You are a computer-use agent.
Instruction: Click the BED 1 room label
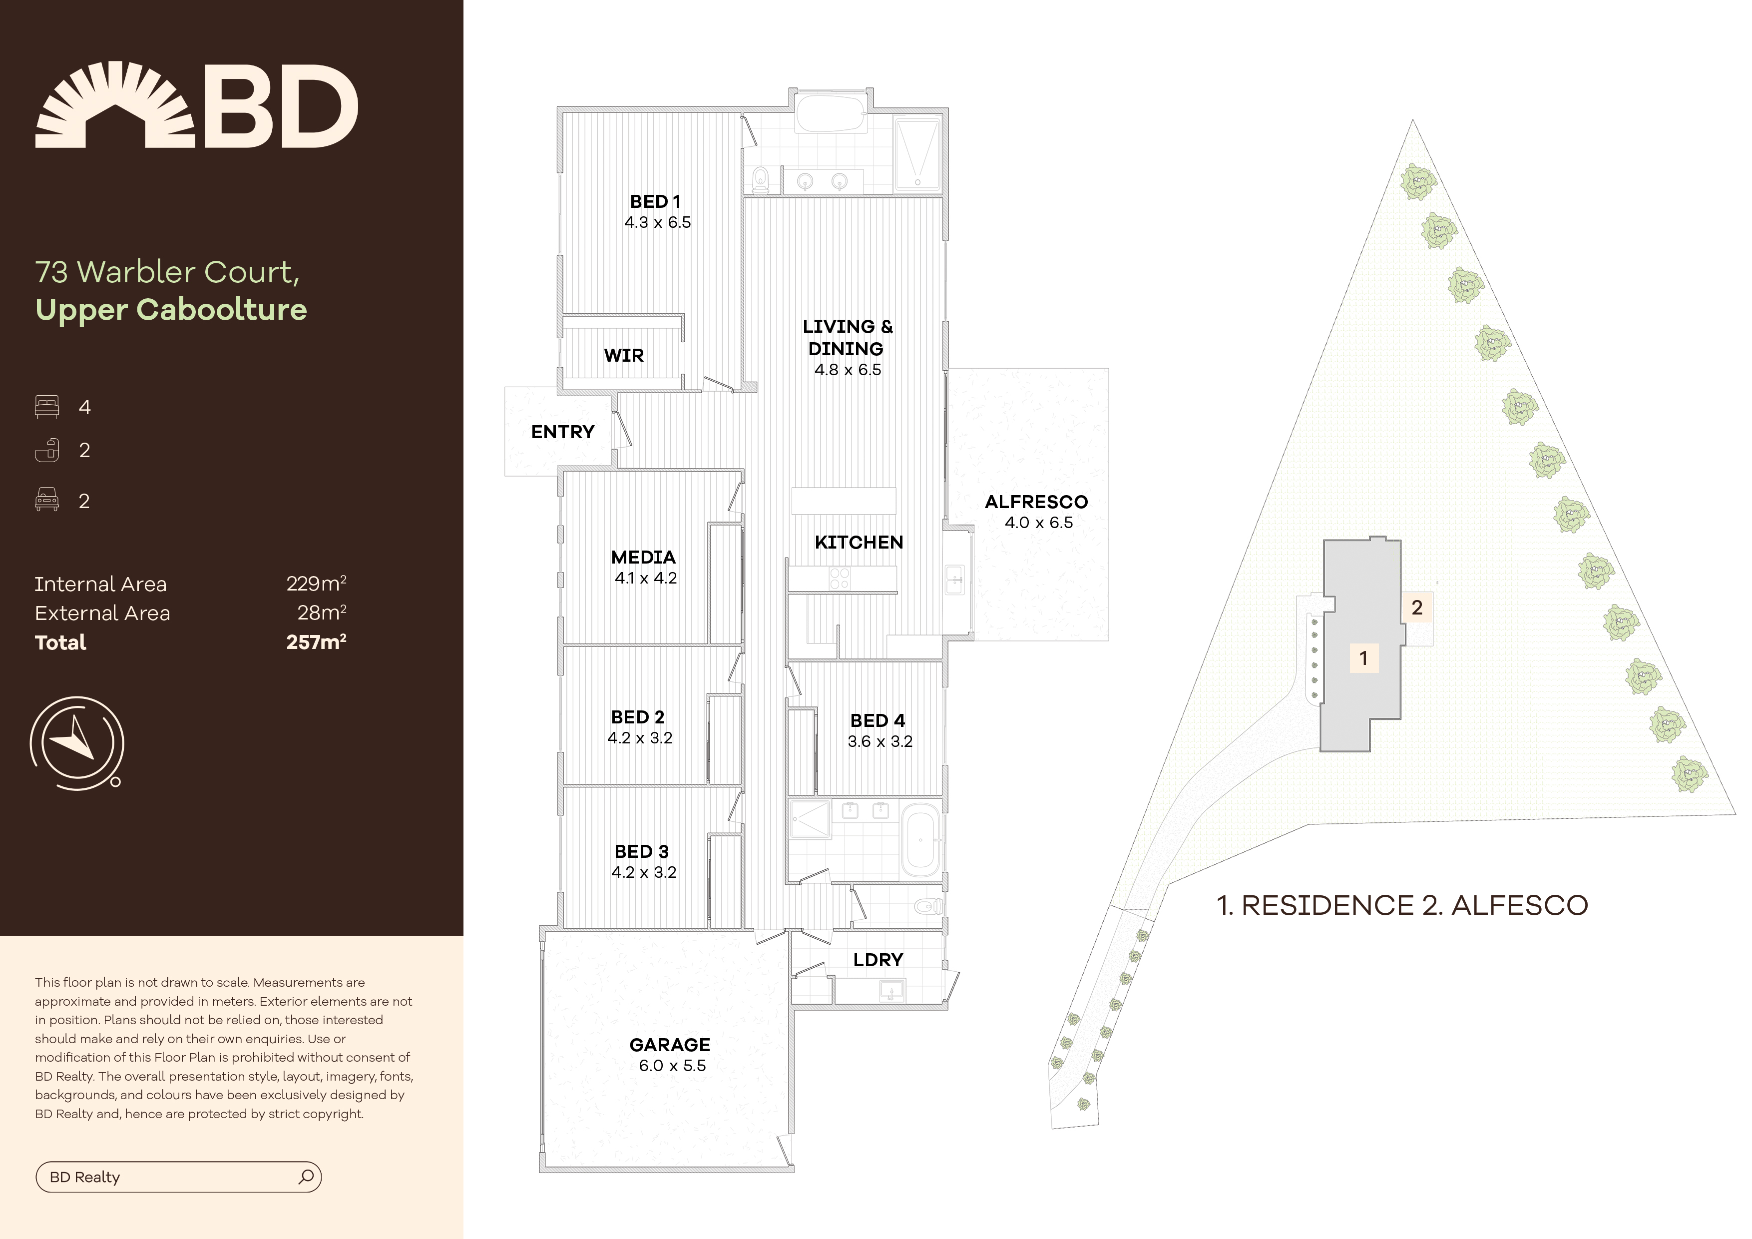655,201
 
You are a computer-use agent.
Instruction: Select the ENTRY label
562,432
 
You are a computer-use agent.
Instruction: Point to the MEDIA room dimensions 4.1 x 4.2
646,578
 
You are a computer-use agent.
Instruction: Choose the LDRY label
877,960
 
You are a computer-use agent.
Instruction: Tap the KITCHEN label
859,542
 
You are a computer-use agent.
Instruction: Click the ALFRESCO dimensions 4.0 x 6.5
1038,523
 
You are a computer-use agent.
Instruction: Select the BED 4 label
877,720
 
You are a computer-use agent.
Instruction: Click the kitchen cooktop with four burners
840,579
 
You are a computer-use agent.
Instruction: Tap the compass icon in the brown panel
76,743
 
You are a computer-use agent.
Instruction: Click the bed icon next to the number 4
46,407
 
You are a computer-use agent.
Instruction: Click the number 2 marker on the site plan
1417,608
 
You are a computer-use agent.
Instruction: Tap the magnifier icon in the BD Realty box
306,1177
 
